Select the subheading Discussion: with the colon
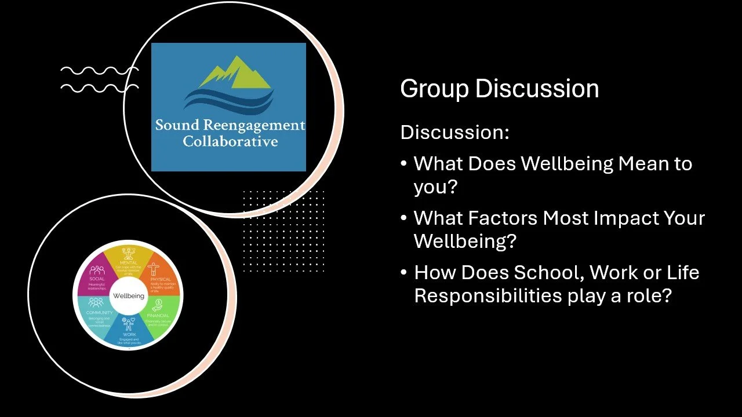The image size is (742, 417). click(x=454, y=132)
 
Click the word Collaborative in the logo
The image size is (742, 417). click(x=230, y=141)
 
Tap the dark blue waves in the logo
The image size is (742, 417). click(x=228, y=101)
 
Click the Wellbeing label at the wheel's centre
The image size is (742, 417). click(x=129, y=296)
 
